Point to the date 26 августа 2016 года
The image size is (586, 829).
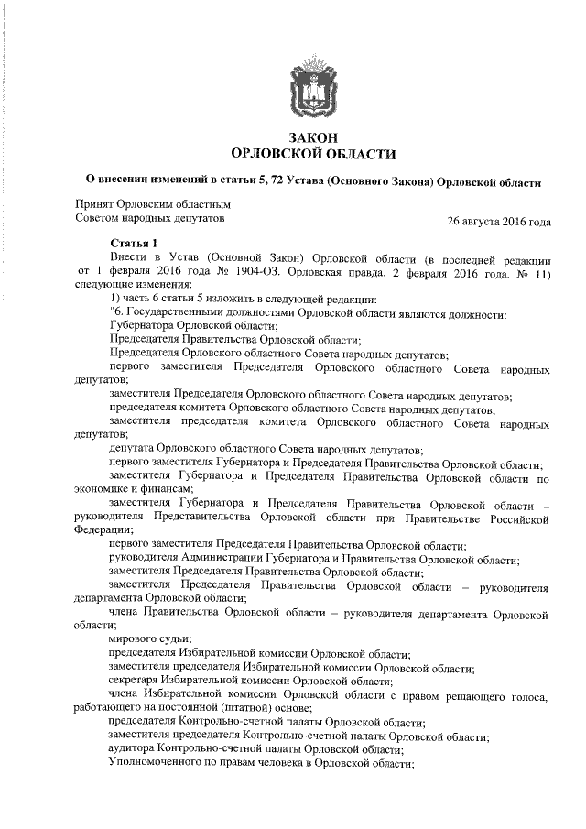tap(499, 222)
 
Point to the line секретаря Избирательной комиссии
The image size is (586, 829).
tap(250, 681)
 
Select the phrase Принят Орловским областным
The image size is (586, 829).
tap(152, 203)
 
